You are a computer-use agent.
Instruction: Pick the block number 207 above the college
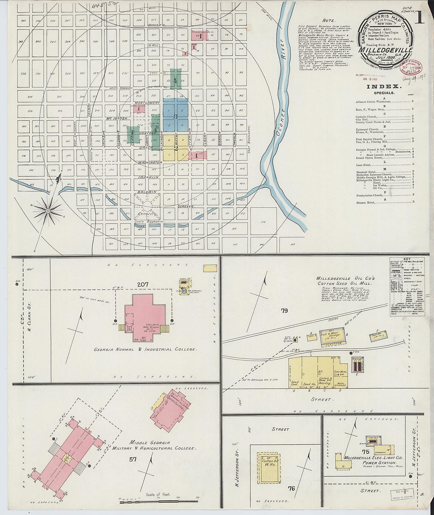(143, 285)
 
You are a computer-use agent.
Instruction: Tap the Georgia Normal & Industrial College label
(146, 349)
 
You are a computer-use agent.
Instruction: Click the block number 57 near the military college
(133, 459)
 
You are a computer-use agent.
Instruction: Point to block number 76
(291, 489)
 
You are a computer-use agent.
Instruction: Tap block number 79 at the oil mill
(284, 311)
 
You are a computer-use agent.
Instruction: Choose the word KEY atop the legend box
(407, 260)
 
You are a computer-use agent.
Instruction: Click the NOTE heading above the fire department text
(329, 21)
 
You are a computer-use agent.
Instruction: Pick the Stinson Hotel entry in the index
(366, 202)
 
